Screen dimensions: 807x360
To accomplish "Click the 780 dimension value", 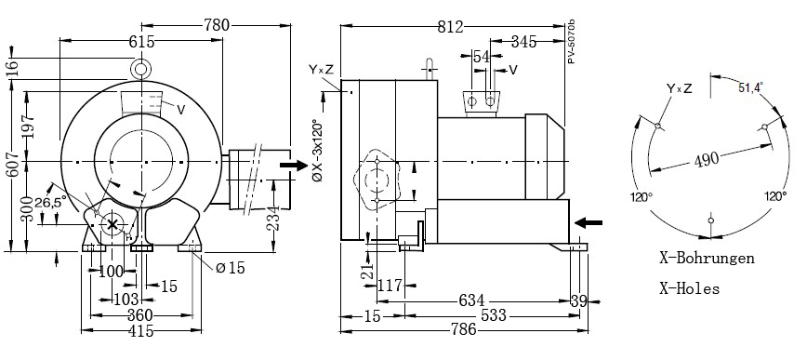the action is tap(217, 25).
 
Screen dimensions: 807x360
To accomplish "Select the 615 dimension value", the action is tap(141, 42).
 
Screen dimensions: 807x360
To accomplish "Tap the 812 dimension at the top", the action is tap(451, 27).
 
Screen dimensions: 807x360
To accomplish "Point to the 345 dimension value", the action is tap(524, 42).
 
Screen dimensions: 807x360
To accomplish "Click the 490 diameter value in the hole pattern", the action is tap(707, 160).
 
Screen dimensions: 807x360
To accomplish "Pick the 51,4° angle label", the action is tap(751, 88).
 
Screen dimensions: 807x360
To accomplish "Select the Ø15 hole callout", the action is tap(230, 268).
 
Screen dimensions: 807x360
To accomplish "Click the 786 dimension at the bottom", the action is tap(463, 329).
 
